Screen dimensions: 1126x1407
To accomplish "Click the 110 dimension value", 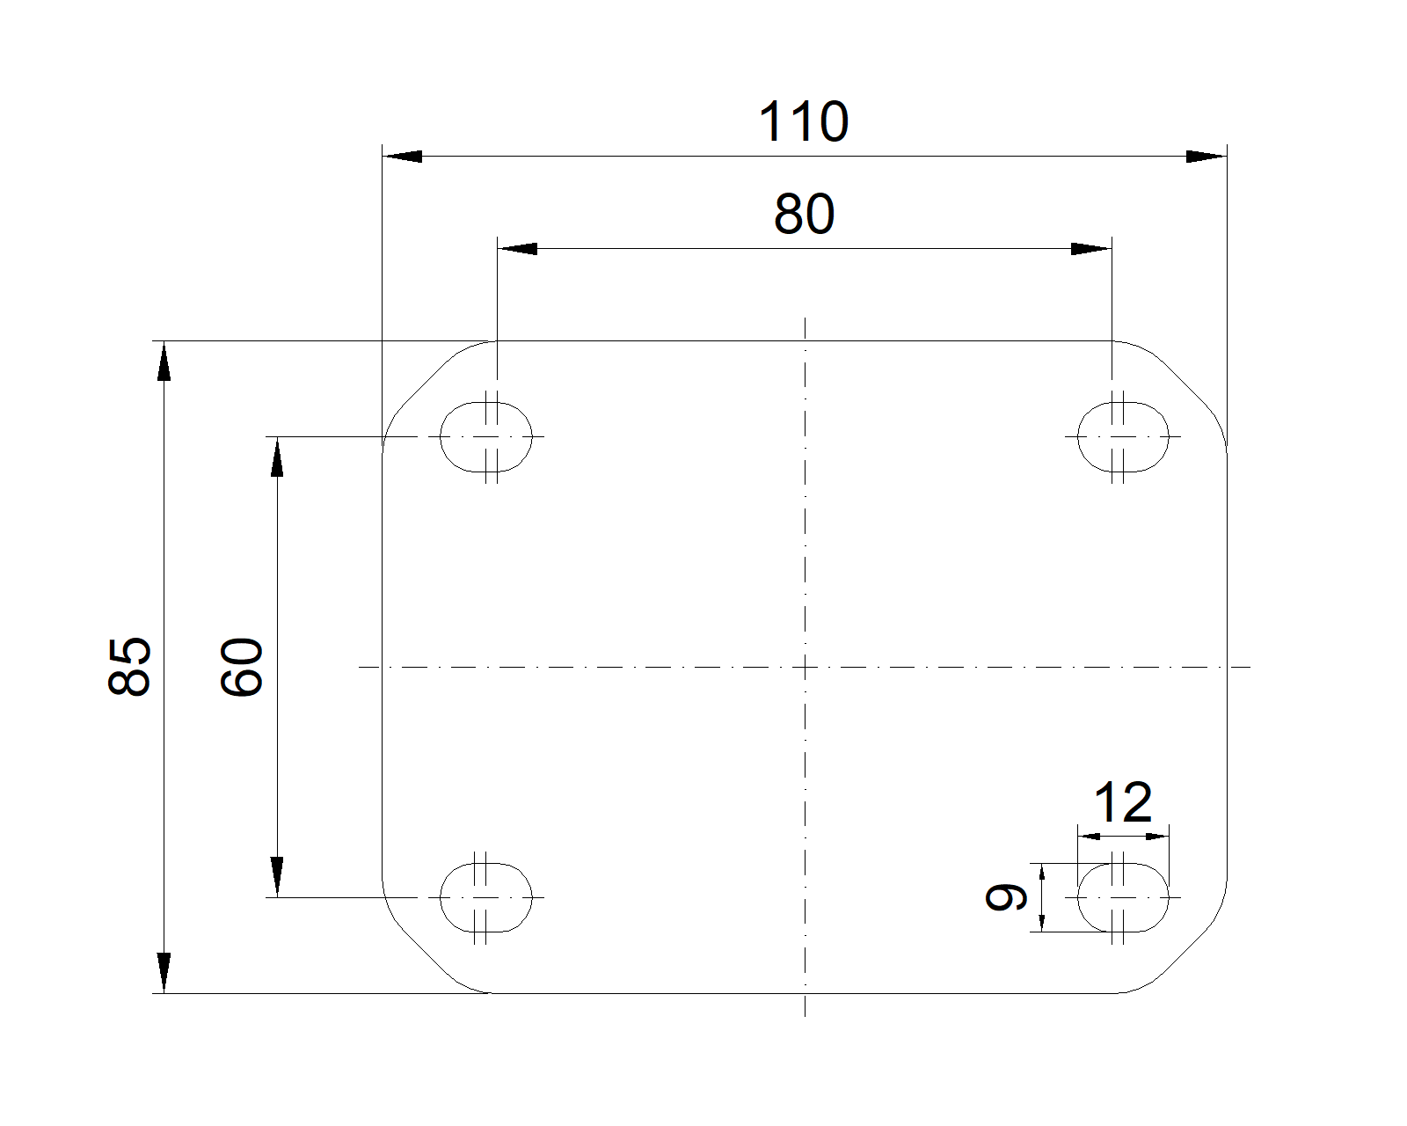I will click(803, 122).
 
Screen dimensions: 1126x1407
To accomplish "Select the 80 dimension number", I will click(804, 215).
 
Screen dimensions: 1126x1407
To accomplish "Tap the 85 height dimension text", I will click(130, 666).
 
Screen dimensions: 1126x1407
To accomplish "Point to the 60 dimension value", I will click(243, 667).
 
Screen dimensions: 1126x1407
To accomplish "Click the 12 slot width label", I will click(1122, 802).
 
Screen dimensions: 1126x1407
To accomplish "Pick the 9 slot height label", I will click(1006, 897).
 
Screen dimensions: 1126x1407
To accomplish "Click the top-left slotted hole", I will click(486, 436).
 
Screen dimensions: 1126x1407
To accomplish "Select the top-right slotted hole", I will click(1123, 436).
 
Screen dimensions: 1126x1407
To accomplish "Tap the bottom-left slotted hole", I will click(486, 897).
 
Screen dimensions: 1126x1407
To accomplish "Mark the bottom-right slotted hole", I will click(1123, 897).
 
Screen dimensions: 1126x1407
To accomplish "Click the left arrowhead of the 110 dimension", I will click(402, 157).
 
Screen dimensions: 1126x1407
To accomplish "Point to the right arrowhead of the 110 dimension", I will click(1206, 157).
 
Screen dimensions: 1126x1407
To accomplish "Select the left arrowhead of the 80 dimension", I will click(517, 249).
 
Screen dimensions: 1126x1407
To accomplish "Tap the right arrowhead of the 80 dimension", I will click(1090, 249).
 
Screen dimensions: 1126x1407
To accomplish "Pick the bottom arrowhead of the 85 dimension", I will click(164, 973).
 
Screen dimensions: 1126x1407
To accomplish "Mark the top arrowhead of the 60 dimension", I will click(277, 457).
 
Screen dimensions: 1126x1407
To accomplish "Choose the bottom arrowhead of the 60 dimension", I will click(277, 877).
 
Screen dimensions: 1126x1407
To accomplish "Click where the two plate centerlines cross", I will click(805, 667).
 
